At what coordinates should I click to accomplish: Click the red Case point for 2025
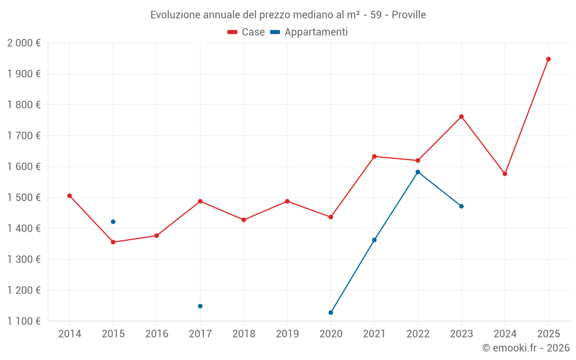pyautogui.click(x=548, y=59)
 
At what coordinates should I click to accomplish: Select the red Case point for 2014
pyautogui.click(x=70, y=196)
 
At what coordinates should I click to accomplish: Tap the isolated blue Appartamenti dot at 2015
pyautogui.click(x=113, y=222)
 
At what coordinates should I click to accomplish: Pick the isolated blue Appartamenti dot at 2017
pyautogui.click(x=200, y=306)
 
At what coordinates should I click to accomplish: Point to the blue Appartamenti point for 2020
pyautogui.click(x=331, y=313)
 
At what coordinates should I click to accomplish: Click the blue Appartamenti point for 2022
pyautogui.click(x=418, y=172)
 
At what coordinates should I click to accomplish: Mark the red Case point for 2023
pyautogui.click(x=461, y=116)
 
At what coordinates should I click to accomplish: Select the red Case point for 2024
pyautogui.click(x=505, y=173)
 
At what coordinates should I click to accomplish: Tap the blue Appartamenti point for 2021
pyautogui.click(x=374, y=240)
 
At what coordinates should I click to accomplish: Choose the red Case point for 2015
pyautogui.click(x=113, y=242)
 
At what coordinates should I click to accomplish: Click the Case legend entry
pyautogui.click(x=246, y=32)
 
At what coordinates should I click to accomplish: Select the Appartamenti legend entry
pyautogui.click(x=309, y=32)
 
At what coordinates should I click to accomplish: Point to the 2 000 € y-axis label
pyautogui.click(x=24, y=43)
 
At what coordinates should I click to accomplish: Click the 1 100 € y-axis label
pyautogui.click(x=24, y=321)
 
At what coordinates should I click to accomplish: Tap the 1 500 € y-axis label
pyautogui.click(x=24, y=198)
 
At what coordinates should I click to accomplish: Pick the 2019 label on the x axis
pyautogui.click(x=287, y=334)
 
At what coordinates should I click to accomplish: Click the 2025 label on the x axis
pyautogui.click(x=548, y=334)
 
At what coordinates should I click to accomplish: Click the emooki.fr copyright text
pyautogui.click(x=525, y=348)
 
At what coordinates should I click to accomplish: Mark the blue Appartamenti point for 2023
pyautogui.click(x=461, y=206)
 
